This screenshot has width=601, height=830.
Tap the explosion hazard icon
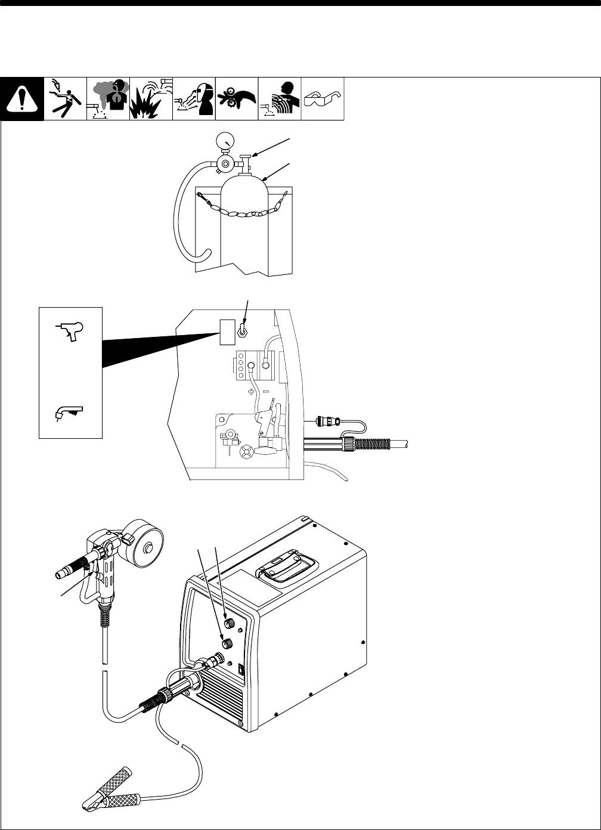point(151,99)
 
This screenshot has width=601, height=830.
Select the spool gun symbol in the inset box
point(70,330)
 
